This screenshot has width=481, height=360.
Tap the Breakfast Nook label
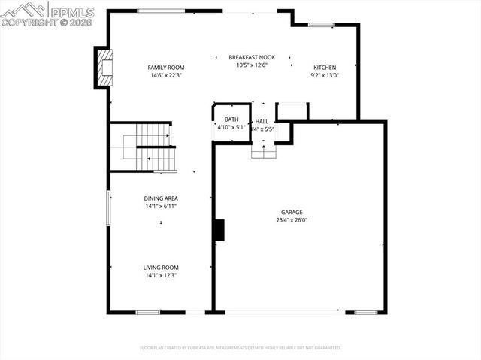pos(253,57)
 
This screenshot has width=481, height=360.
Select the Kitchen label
pos(325,68)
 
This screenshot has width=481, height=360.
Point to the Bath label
pos(231,119)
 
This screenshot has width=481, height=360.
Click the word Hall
pos(262,121)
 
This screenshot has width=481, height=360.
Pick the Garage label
pos(292,213)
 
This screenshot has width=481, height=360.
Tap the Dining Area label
pos(161,198)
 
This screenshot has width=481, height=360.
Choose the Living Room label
pos(161,268)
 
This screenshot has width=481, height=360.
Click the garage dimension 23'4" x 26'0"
pos(292,220)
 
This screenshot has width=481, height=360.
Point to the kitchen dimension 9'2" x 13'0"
pos(325,75)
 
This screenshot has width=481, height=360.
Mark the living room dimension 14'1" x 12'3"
pos(161,275)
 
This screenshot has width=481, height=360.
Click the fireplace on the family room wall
pos(104,68)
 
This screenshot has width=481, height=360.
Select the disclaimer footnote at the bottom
pos(240,348)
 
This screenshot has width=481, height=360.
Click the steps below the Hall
pos(263,151)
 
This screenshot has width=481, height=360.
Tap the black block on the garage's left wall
pos(219,230)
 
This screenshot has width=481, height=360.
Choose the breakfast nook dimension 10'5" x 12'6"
pos(253,65)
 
